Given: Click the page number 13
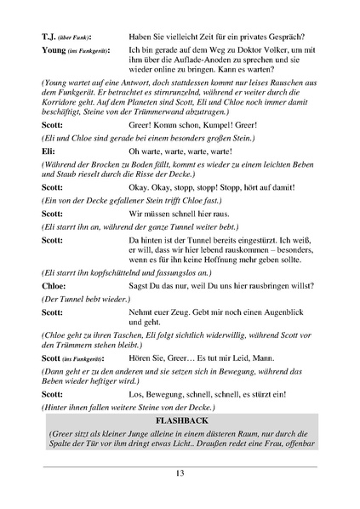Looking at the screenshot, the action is click(x=180, y=474).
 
